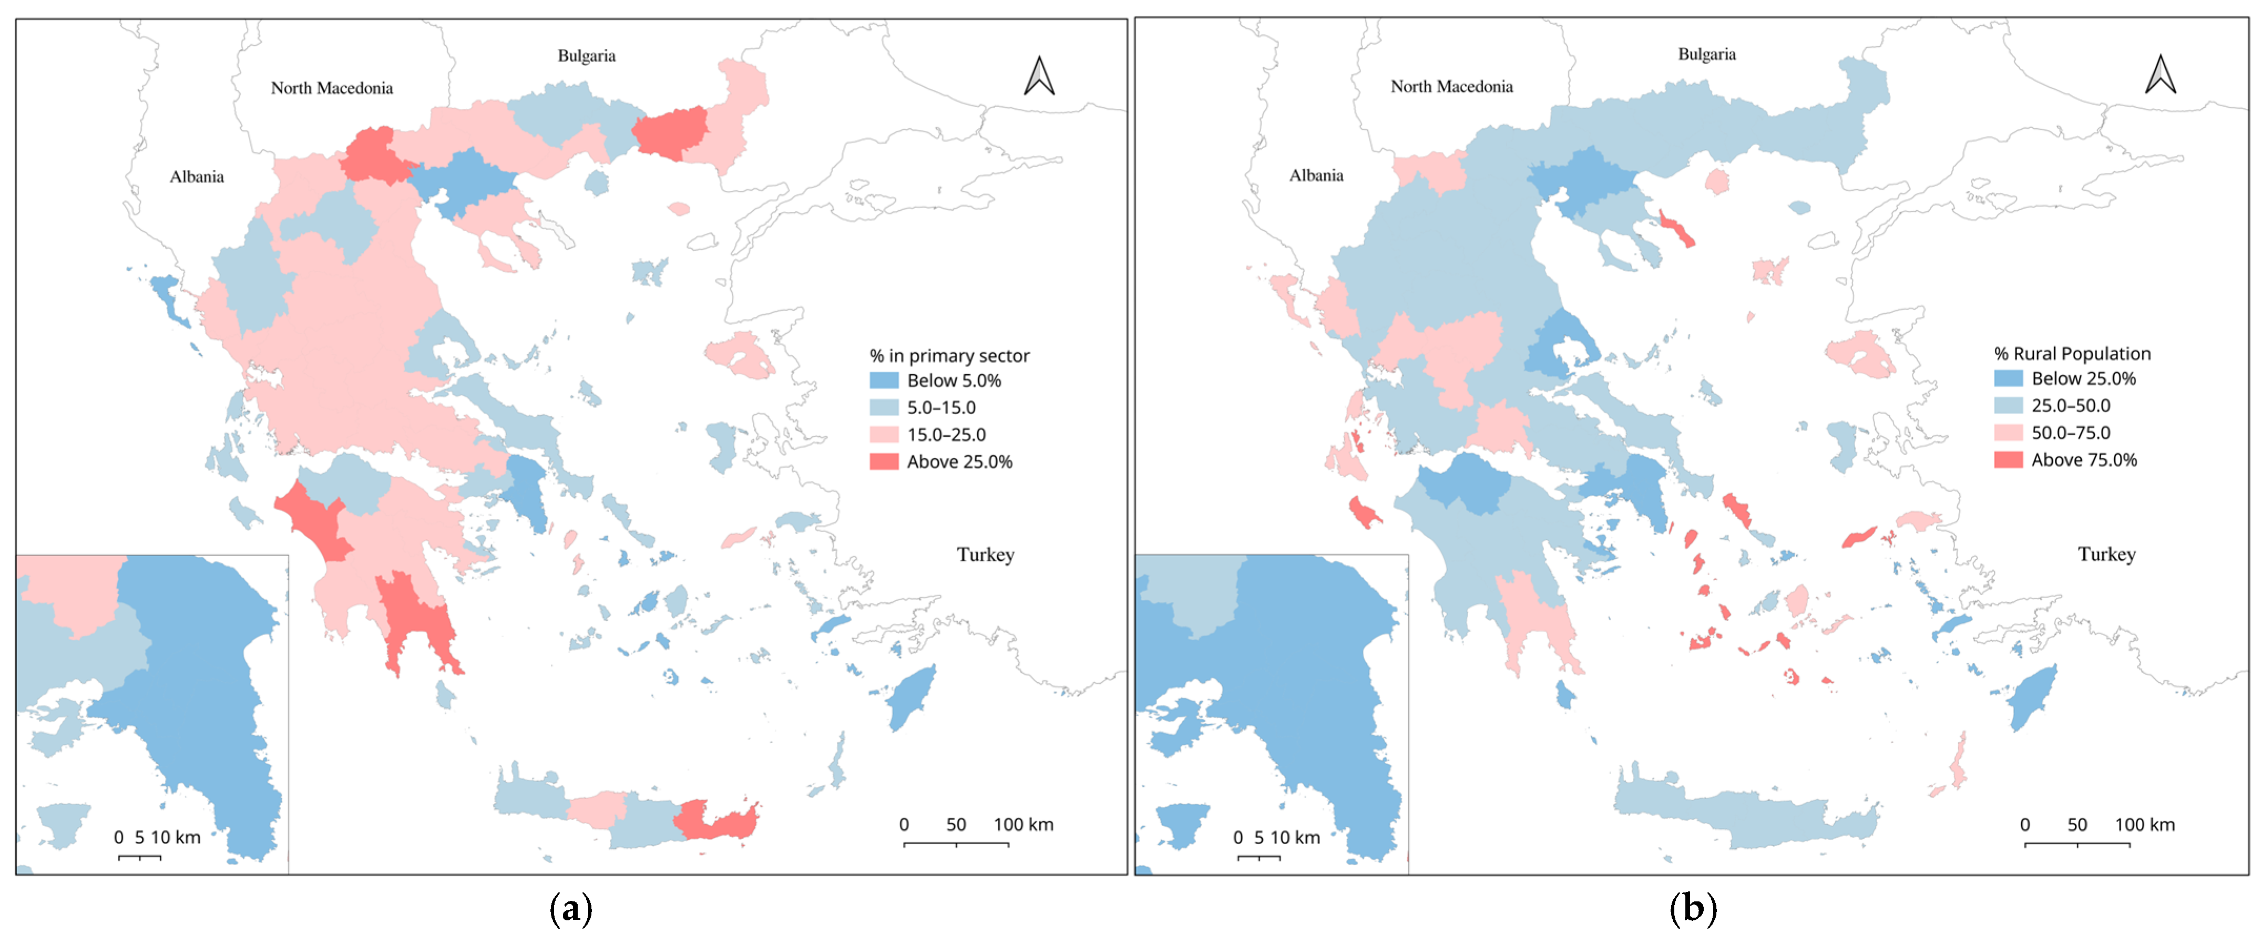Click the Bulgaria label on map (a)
click(x=587, y=56)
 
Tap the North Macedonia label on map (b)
click(x=1451, y=86)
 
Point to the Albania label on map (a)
click(x=197, y=177)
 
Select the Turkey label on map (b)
click(x=2106, y=554)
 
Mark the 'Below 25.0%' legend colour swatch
click(x=2008, y=378)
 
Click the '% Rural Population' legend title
click(x=2072, y=354)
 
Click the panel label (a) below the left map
click(x=571, y=909)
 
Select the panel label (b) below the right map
click(x=1692, y=909)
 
